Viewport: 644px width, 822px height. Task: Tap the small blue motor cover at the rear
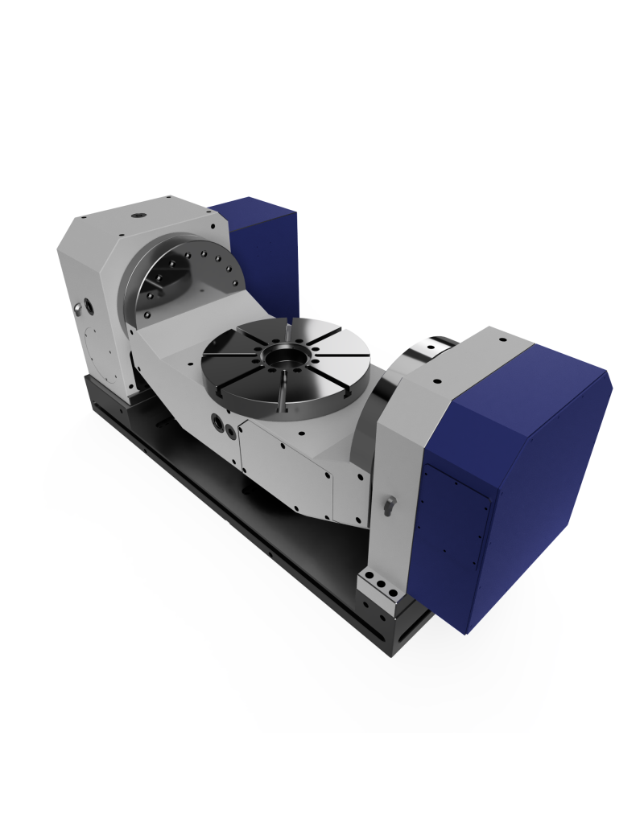(266, 257)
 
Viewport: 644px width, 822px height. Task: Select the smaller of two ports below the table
(231, 431)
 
